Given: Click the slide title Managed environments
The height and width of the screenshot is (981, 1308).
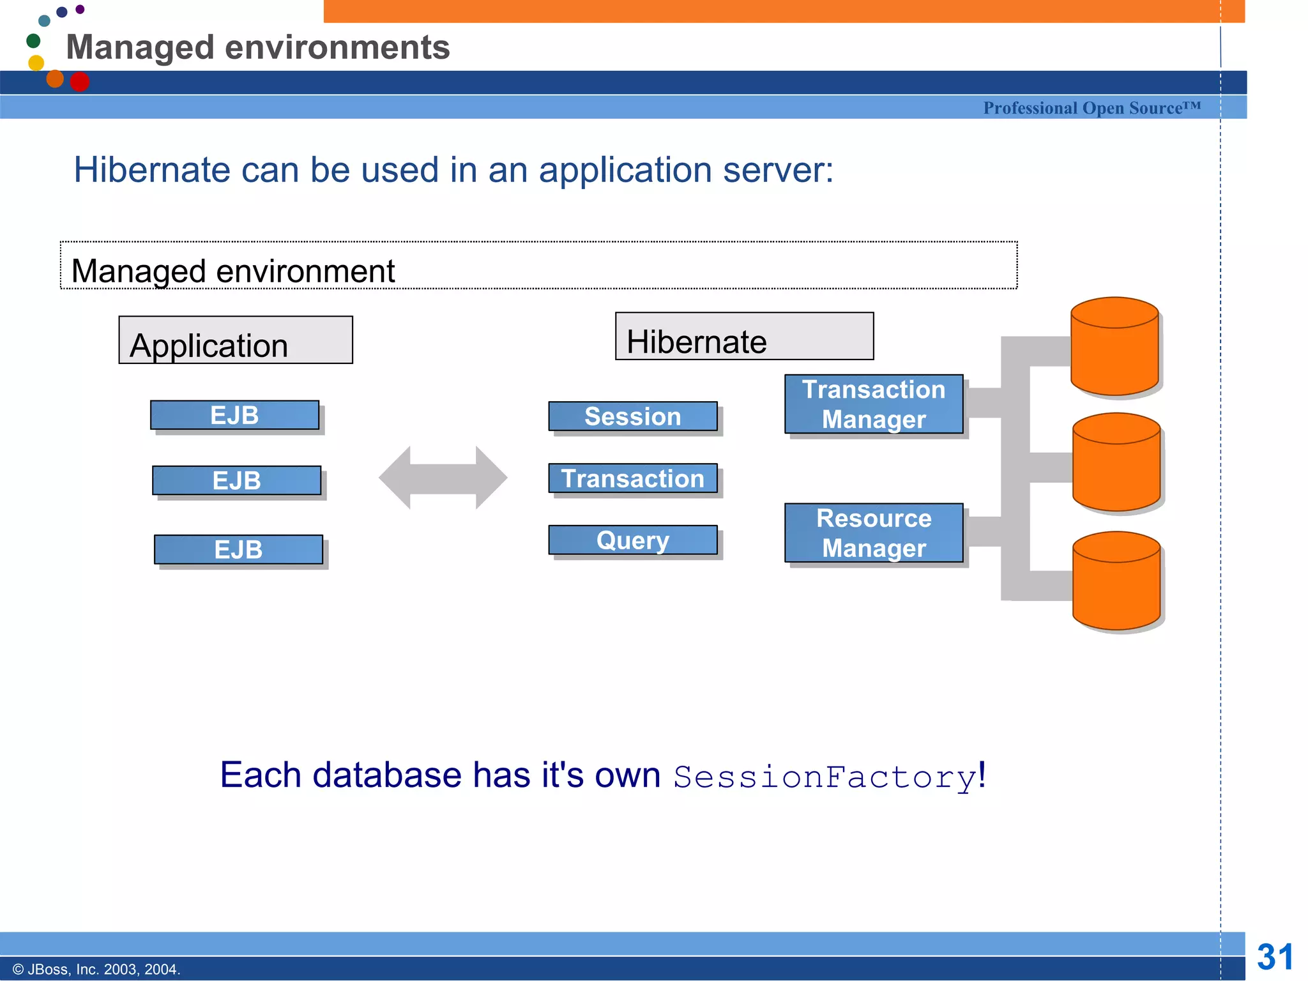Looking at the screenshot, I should coord(258,47).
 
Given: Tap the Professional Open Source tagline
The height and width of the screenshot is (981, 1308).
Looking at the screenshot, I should coord(1091,108).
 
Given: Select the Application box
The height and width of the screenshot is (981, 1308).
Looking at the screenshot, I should coord(236,340).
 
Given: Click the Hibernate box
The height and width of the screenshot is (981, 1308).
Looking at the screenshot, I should coord(744,337).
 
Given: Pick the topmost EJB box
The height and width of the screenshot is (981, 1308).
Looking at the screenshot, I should coord(234,415).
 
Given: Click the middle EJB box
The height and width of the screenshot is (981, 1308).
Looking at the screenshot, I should coord(236,480).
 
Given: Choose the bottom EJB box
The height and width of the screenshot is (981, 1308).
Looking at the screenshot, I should coord(238,549).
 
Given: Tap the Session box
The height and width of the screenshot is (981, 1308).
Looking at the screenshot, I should coord(632,416).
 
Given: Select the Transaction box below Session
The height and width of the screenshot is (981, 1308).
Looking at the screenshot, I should coord(632,478).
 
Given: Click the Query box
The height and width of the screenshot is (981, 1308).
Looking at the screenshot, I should coord(632,540).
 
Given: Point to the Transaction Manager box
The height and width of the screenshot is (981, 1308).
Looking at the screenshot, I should coord(874,404).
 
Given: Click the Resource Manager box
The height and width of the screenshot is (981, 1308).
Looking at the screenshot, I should coord(874,533).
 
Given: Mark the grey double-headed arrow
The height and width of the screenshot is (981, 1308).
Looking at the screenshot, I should coord(443,478).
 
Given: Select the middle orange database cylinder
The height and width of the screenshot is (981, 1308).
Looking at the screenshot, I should coord(1116,462).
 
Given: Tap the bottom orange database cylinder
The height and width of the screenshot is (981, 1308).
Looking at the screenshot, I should coord(1116,581).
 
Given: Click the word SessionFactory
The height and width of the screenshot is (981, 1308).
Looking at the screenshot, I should coord(825,777).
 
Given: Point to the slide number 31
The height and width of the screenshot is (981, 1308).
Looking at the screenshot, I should coord(1275,957).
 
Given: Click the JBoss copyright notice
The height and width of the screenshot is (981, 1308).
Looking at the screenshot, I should coord(96,970).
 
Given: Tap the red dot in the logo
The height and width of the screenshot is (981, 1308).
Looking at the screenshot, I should coord(80,82).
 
